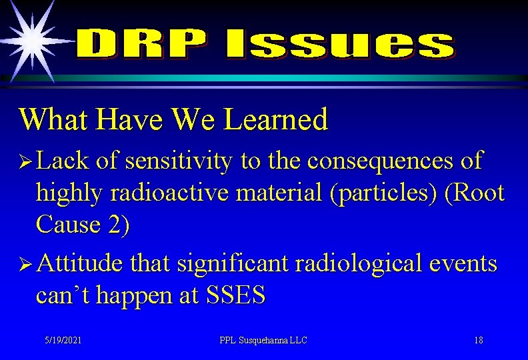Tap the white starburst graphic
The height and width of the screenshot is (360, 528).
click(30, 39)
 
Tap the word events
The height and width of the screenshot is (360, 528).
click(463, 264)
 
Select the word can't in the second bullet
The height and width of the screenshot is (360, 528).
click(63, 295)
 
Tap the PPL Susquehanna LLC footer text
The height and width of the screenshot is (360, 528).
click(263, 341)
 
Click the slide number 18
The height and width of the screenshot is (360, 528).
click(479, 341)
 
